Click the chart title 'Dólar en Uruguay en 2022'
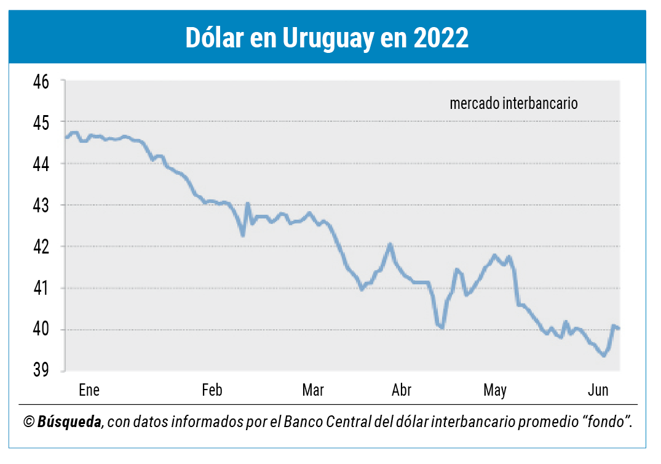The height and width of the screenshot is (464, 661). point(327,38)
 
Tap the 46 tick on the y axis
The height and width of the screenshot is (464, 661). point(41,82)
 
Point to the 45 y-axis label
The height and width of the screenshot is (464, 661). point(41,123)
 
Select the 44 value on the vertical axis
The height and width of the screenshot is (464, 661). point(41,164)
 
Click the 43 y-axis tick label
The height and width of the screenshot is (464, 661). point(41,206)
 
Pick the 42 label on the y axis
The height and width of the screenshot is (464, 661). point(41,247)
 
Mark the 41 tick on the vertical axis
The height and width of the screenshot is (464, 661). point(41,288)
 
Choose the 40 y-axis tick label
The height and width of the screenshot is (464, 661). point(41,329)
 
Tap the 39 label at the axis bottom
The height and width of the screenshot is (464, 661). point(41,370)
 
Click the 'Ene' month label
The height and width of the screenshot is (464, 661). point(89,390)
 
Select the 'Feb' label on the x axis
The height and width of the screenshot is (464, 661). point(212,390)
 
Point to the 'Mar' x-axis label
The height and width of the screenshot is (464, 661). point(313,390)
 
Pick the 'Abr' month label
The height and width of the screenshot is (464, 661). point(402,390)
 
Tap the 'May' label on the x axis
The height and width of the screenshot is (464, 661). point(494,390)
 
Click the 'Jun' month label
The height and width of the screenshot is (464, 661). point(598,390)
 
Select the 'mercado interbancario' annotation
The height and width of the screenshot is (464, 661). point(513,103)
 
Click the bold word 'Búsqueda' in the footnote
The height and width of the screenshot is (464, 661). point(69,422)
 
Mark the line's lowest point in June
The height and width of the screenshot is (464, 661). point(604,355)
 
